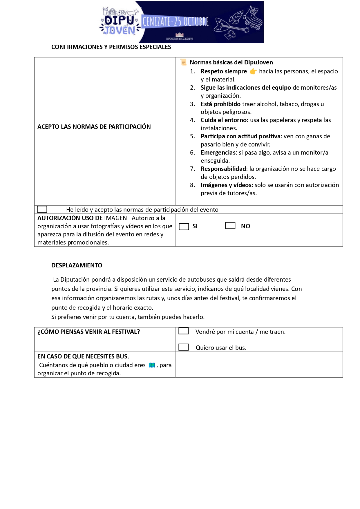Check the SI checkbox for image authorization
tap(184, 227)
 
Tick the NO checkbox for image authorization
tap(230, 225)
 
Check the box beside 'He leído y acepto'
tap(42, 209)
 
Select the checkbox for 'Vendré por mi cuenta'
tap(184, 331)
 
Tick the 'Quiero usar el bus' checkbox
tap(184, 347)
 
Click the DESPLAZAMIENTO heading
tap(77, 265)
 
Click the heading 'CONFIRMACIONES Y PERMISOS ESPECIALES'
tap(111, 47)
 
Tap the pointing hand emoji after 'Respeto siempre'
tap(253, 71)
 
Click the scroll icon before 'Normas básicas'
tap(183, 62)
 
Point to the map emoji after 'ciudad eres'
tap(152, 365)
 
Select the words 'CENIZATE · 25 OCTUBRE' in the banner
tap(175, 21)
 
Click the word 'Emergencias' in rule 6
tap(218, 153)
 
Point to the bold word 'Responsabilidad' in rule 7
tap(223, 169)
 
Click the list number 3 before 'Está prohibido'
tap(193, 104)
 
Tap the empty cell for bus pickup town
tap(259, 365)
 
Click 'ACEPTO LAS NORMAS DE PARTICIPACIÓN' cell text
tap(94, 127)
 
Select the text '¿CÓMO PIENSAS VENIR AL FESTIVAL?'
tap(88, 332)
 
